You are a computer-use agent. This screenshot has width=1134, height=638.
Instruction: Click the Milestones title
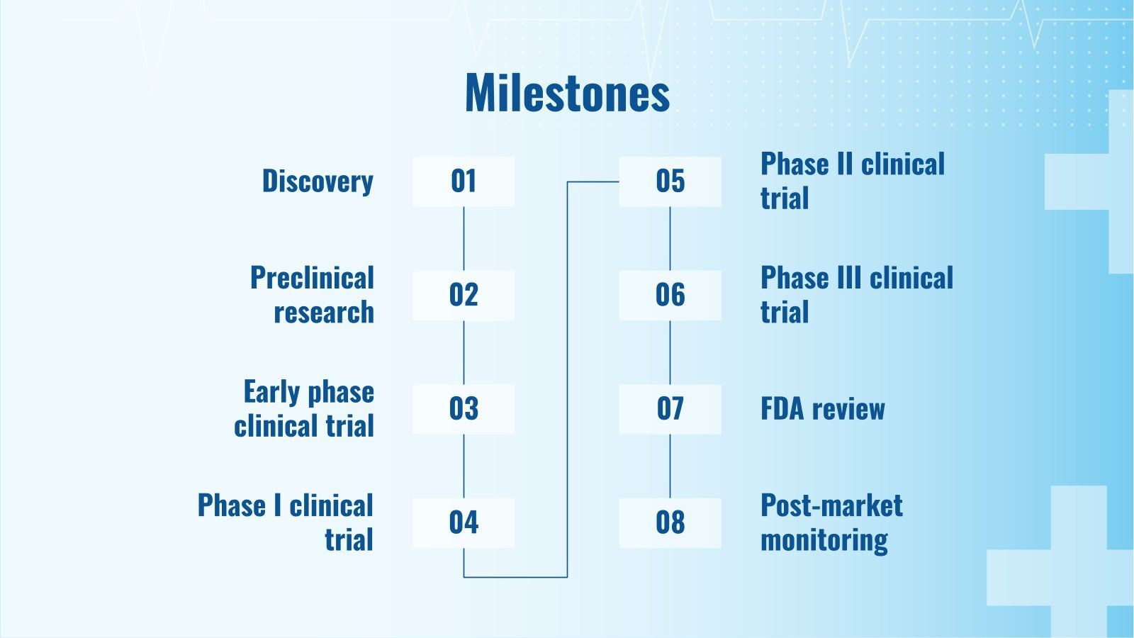567,93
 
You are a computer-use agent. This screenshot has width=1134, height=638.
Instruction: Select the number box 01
464,181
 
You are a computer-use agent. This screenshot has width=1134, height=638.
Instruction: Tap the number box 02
464,295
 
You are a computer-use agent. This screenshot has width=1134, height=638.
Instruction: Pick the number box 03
464,409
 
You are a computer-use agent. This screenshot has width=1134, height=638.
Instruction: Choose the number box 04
464,523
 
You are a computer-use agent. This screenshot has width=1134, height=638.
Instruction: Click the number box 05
670,181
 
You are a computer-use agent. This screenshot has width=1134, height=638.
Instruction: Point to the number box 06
670,295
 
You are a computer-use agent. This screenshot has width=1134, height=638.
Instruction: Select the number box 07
670,409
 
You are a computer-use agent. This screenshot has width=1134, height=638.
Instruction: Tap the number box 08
670,523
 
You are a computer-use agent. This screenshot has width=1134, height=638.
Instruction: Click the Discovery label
318,181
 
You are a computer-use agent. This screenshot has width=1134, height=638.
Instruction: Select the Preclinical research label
313,295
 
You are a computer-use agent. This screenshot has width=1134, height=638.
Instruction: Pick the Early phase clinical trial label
304,408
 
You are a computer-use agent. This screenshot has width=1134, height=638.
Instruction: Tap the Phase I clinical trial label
286,522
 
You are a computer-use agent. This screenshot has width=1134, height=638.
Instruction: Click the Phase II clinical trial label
853,181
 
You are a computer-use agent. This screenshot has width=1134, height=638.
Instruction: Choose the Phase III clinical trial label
857,295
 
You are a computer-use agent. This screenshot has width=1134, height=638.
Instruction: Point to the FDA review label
823,409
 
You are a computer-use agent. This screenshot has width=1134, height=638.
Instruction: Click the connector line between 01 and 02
464,238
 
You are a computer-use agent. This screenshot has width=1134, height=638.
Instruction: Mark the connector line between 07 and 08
670,466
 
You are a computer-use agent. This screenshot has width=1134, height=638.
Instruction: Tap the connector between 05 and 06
670,238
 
